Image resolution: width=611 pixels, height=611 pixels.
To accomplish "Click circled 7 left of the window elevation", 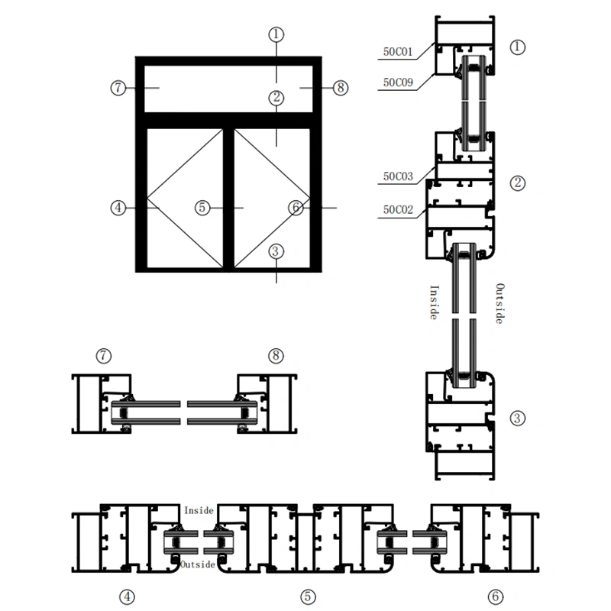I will pyautogui.click(x=118, y=88).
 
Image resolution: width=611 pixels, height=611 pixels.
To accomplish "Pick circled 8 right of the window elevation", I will pyautogui.click(x=340, y=88).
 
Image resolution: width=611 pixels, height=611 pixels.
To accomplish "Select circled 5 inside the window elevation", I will pyautogui.click(x=202, y=207).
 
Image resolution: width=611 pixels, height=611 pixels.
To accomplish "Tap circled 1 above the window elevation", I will pyautogui.click(x=276, y=34).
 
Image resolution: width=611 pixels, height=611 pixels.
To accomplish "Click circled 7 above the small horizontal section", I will pyautogui.click(x=105, y=355).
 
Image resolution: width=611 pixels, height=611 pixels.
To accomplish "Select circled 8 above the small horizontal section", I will pyautogui.click(x=276, y=355).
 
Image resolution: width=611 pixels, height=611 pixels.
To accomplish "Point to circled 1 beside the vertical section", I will pyautogui.click(x=518, y=47).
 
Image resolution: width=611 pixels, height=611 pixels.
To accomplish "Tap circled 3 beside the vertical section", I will pyautogui.click(x=518, y=418).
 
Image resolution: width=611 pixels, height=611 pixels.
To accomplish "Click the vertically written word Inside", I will pyautogui.click(x=433, y=302).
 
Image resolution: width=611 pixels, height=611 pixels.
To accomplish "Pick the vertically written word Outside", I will pyautogui.click(x=500, y=303).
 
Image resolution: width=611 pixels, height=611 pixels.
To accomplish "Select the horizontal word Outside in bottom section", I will pyautogui.click(x=197, y=564).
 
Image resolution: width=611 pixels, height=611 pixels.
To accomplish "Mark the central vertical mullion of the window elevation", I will pyautogui.click(x=228, y=199).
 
